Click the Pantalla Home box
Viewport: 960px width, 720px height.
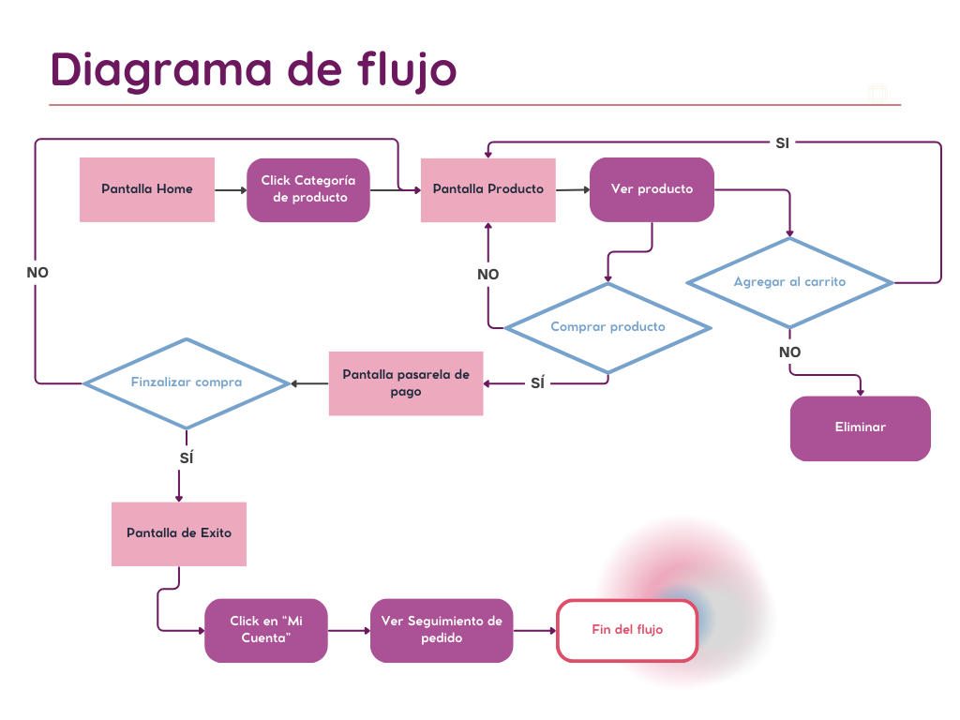[x=147, y=189]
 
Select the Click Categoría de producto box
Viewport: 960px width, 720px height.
[x=308, y=189]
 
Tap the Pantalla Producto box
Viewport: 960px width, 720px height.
[x=487, y=189]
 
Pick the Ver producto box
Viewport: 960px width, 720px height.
[x=652, y=189]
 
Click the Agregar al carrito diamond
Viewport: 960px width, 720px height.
[x=789, y=282]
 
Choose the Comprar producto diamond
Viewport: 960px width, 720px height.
[x=607, y=327]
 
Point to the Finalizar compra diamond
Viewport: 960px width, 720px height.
[x=187, y=382]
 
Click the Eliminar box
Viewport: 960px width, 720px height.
[x=860, y=427]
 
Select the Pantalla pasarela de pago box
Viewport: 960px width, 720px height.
[x=406, y=383]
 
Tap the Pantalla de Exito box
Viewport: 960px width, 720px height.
[x=179, y=533]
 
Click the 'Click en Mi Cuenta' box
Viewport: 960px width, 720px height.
[x=266, y=630]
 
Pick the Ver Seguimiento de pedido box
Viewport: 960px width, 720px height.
[x=442, y=630]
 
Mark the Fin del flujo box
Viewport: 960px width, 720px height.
[x=627, y=630]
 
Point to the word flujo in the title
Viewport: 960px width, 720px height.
[x=406, y=71]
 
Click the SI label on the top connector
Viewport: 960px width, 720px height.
[x=782, y=142]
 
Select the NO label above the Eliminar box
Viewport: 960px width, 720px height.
[x=789, y=352]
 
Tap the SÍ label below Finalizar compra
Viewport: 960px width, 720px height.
[x=186, y=459]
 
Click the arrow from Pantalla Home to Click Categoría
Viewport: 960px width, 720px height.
[x=231, y=189]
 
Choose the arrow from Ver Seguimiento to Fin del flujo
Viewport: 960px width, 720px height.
[x=535, y=630]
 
